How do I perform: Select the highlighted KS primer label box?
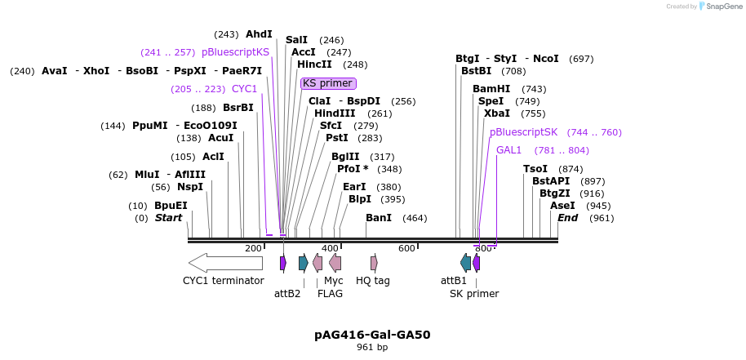(328, 83)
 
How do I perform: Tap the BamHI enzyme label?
(491, 89)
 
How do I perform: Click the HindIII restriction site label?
(335, 113)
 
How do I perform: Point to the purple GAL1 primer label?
(508, 150)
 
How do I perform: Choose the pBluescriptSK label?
(523, 132)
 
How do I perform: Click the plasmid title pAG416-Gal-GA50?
(372, 335)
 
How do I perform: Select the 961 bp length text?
(372, 348)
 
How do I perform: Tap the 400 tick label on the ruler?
(330, 249)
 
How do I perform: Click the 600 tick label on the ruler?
(406, 249)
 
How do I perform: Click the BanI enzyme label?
(379, 218)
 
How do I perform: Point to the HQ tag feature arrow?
(374, 263)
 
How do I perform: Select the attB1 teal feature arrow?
(465, 263)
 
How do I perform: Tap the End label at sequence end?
(567, 218)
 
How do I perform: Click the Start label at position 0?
(169, 218)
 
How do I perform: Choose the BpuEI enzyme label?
(171, 206)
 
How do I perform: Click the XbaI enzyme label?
(497, 113)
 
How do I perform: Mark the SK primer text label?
(474, 294)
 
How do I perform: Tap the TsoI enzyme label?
(535, 169)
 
